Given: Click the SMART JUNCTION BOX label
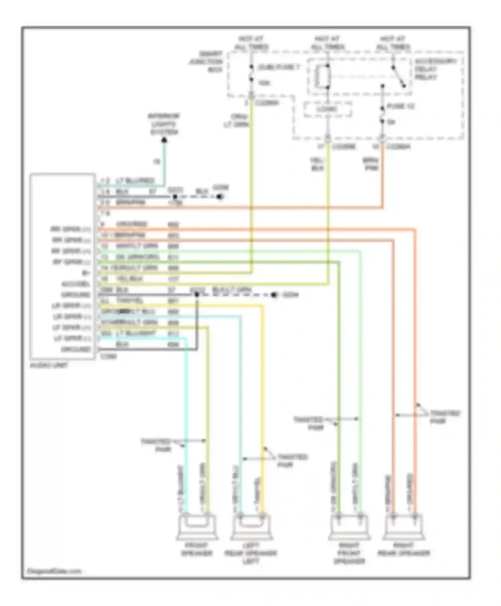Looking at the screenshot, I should [206, 62].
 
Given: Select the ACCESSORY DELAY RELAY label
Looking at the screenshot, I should [435, 69].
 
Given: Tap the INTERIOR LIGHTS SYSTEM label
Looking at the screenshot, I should [164, 124].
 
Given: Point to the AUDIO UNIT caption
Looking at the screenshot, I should [49, 365].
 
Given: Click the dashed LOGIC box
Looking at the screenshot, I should [327, 109].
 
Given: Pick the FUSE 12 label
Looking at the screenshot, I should [400, 106].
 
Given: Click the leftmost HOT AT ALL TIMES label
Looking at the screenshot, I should [252, 43].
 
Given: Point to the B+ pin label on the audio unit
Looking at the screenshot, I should [86, 273].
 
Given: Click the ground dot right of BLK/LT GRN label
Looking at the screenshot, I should [274, 295].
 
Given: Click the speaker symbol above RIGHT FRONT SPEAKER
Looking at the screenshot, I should [349, 527].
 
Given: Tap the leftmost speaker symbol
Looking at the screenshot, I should [197, 527].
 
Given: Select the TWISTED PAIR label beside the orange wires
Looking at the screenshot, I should [444, 417].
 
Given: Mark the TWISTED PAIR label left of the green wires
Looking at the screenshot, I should [308, 423].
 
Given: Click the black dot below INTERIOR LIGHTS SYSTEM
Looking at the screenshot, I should [164, 140].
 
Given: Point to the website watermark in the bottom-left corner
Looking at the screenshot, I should [54, 571].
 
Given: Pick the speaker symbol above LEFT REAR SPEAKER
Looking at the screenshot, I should [251, 527].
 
